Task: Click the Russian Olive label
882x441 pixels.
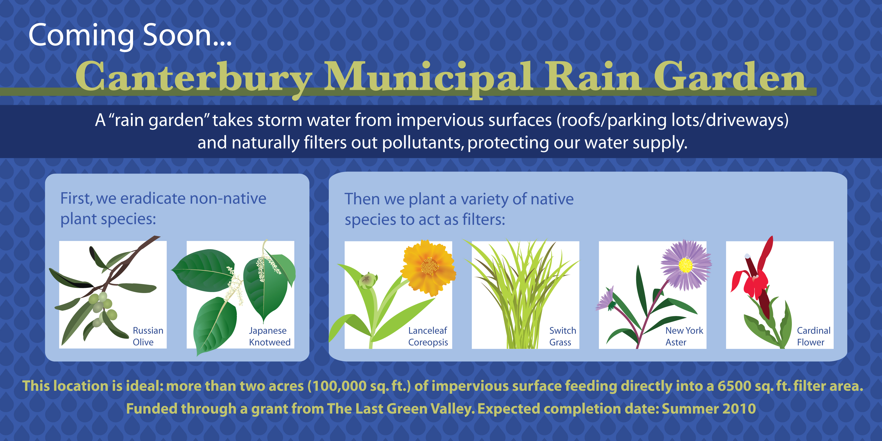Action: [148, 336]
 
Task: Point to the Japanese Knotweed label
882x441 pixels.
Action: [270, 336]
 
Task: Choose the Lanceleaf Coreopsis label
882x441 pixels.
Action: [428, 336]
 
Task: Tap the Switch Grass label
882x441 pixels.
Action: [563, 336]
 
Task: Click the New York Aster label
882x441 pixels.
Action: [684, 336]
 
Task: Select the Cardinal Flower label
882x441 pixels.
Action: [813, 336]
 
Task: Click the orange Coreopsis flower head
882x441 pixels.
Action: [428, 267]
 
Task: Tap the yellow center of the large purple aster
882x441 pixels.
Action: [686, 265]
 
